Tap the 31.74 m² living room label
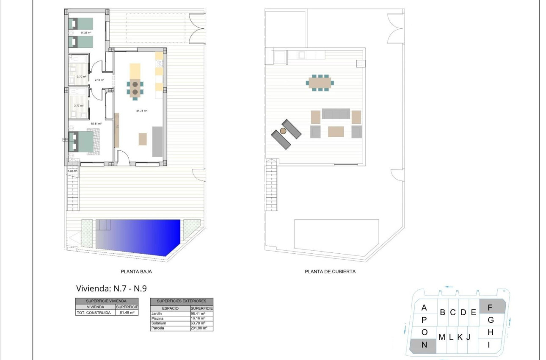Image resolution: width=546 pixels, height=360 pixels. [141, 111]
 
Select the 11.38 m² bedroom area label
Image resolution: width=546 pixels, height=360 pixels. [86, 33]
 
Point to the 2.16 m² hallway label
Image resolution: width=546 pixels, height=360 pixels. [99, 80]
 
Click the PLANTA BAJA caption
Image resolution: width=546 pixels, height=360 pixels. [136, 272]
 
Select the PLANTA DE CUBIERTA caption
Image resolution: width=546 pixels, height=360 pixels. [330, 272]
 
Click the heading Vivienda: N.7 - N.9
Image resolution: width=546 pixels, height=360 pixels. [111, 289]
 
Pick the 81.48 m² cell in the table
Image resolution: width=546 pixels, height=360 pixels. [127, 313]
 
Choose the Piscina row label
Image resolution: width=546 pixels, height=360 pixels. [157, 318]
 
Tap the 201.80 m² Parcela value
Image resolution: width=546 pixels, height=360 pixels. [198, 328]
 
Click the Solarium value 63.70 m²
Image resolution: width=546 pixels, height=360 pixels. [198, 323]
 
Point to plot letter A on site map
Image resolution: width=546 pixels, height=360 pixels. [424, 308]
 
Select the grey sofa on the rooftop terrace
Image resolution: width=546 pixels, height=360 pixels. [336, 114]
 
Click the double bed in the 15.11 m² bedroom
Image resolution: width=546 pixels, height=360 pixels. [86, 142]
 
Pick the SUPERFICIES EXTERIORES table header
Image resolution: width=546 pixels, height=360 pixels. [182, 301]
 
